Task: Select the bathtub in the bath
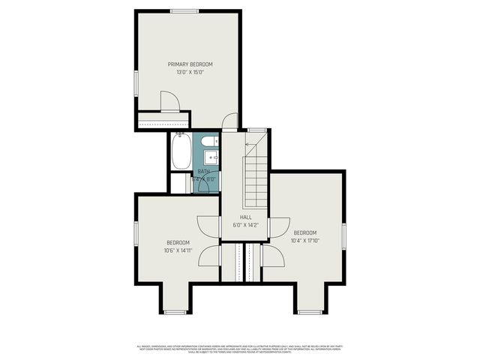(181, 152)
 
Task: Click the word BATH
(204, 172)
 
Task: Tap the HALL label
(245, 217)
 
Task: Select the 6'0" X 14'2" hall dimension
(245, 224)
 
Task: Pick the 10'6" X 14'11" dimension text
(178, 250)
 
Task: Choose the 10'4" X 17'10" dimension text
(305, 240)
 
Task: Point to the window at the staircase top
(257, 130)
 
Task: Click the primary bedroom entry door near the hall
(230, 122)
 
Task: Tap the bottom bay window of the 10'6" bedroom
(175, 312)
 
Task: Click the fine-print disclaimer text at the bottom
(240, 349)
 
